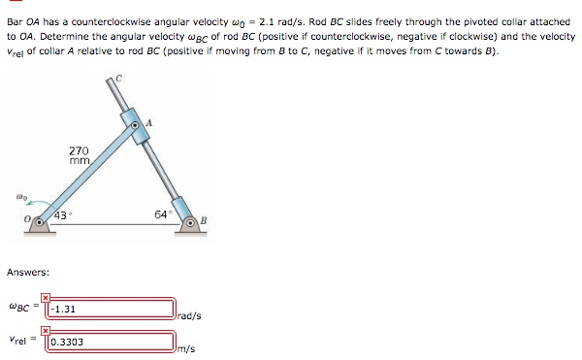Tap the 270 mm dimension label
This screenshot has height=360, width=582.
(x=79, y=156)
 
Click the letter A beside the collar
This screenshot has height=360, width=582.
(x=149, y=122)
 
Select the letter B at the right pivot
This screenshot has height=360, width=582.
(x=204, y=223)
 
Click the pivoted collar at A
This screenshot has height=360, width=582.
(x=136, y=126)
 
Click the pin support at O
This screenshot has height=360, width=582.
(x=41, y=224)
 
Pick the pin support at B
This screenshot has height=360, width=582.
(x=190, y=225)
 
